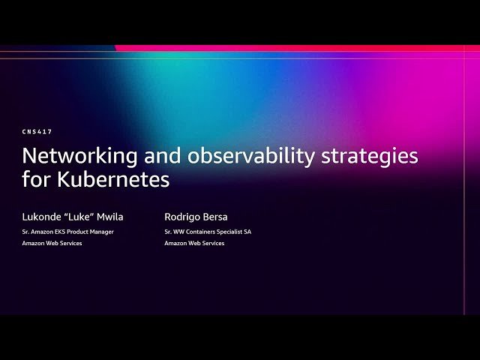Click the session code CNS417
coord(37,132)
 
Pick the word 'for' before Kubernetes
coord(36,181)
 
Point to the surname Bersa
coord(216,217)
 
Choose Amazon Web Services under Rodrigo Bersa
coord(194,243)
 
